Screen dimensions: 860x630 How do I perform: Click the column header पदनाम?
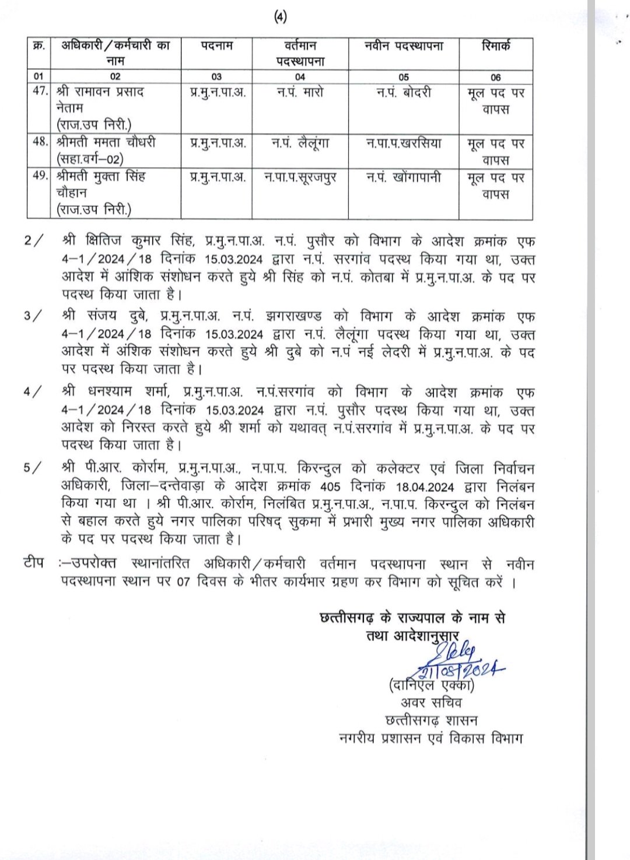[x=216, y=45]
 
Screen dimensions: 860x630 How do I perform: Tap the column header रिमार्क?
[x=496, y=45]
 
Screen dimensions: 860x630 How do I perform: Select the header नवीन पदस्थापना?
[x=403, y=45]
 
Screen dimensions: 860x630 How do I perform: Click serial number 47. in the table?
[x=40, y=92]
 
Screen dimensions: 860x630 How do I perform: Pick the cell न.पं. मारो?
[x=300, y=92]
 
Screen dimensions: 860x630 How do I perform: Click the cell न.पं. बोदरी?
[x=403, y=92]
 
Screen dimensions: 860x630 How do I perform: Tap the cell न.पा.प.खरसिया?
[x=403, y=143]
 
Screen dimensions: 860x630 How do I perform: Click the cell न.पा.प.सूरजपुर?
[x=300, y=177]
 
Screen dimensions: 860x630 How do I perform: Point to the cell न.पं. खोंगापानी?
[x=403, y=177]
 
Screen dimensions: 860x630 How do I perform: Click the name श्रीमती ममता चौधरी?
[x=106, y=143]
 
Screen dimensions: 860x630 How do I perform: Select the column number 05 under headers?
[x=403, y=77]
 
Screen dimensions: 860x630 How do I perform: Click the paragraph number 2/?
[x=33, y=241]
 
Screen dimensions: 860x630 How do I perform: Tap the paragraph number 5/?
[x=33, y=468]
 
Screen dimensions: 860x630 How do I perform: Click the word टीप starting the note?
[x=33, y=563]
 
